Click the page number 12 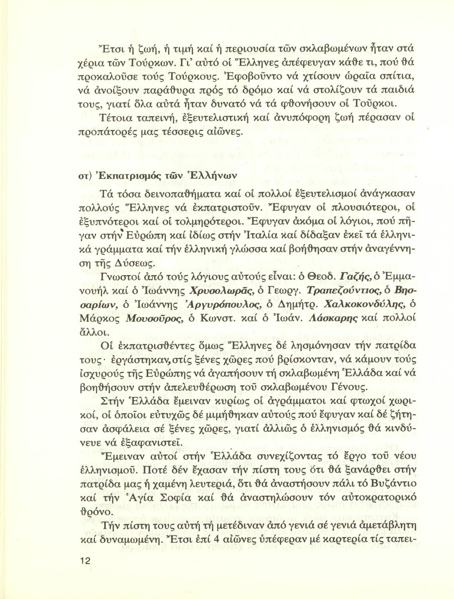(85, 561)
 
